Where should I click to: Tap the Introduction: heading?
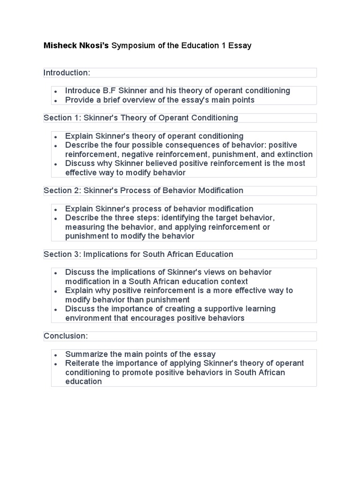(x=67, y=73)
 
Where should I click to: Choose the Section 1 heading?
(x=141, y=118)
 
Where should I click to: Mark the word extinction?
(x=295, y=154)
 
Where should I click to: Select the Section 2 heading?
(x=143, y=190)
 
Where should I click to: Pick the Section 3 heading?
(x=138, y=254)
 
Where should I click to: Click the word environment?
(x=87, y=318)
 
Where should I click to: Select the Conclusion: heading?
(x=66, y=336)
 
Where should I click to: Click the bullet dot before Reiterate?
(x=56, y=364)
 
